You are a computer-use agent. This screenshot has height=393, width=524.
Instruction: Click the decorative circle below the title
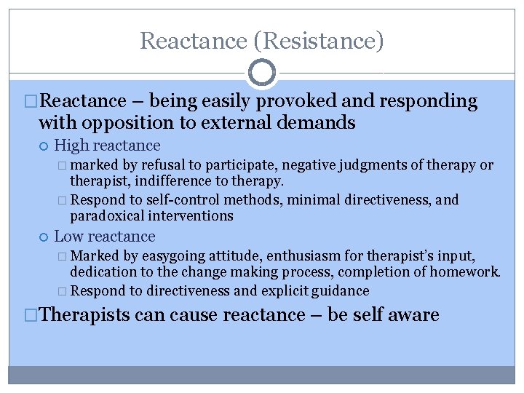[262, 74]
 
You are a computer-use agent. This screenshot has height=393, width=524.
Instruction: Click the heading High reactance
[107, 146]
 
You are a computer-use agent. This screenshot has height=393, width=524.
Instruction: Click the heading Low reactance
[105, 237]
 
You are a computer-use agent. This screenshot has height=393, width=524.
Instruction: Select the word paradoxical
[107, 215]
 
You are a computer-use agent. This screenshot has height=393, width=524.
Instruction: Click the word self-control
[187, 200]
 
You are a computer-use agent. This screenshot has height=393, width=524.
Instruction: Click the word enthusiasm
[286, 255]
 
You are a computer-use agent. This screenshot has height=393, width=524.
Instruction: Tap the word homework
[468, 271]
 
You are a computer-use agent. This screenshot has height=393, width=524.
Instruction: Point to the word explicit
[277, 291]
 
